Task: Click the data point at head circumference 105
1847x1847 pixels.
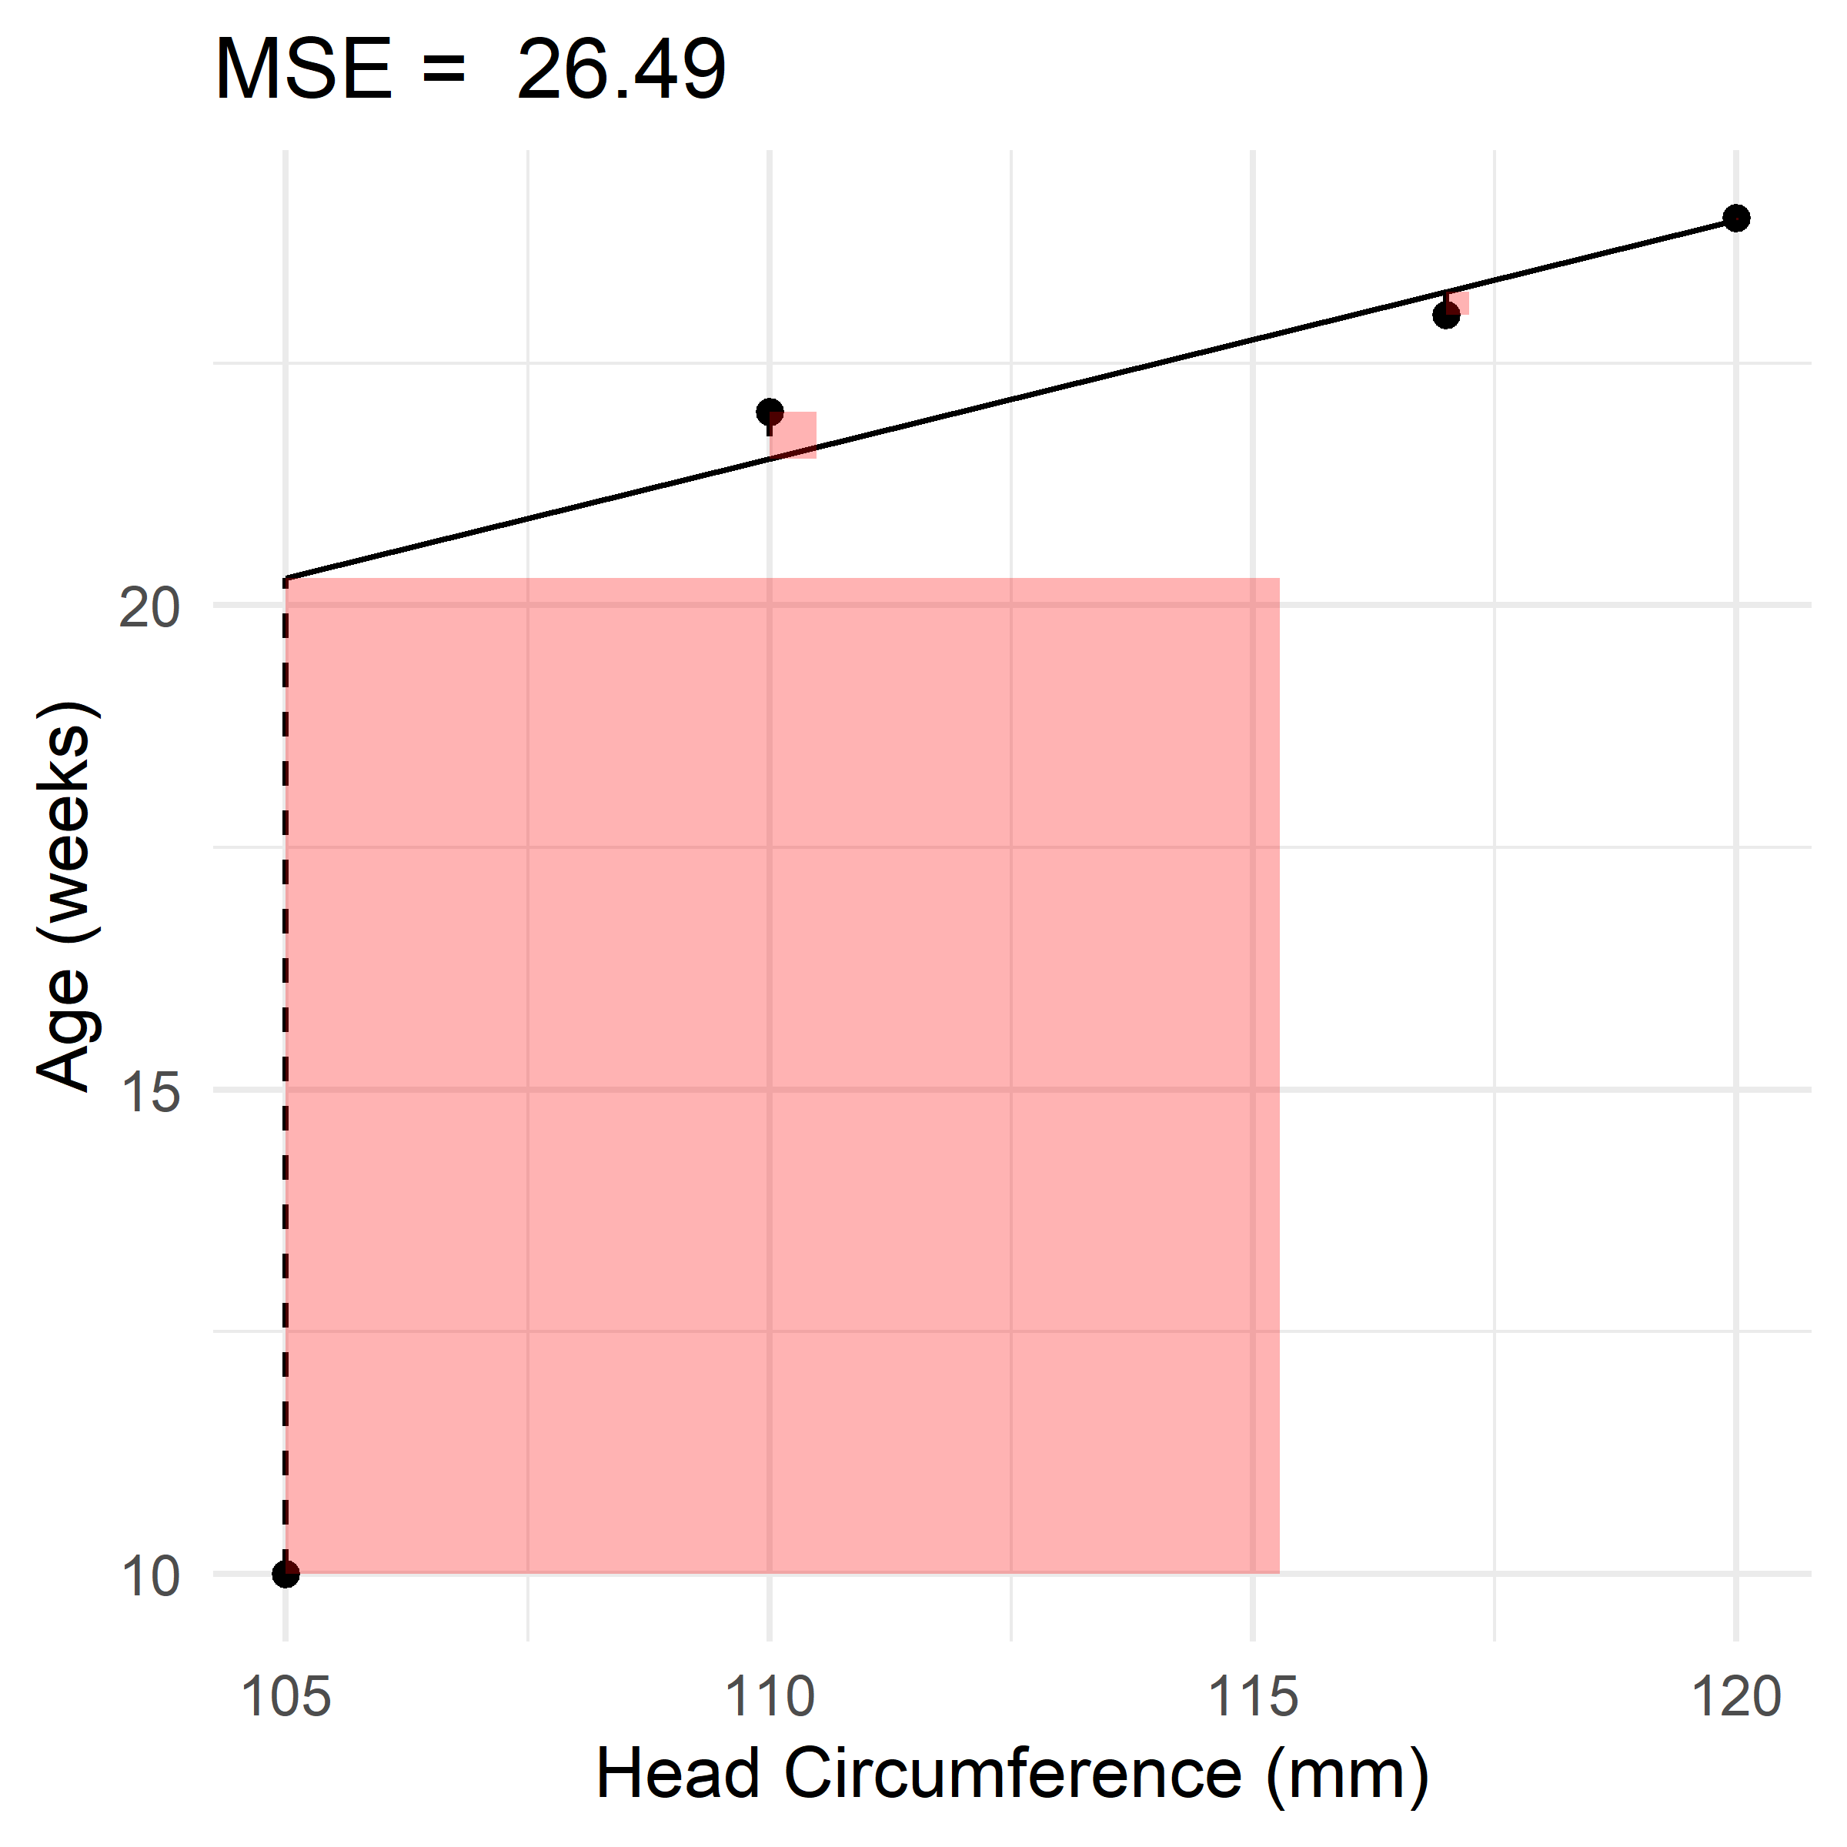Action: click(x=285, y=1574)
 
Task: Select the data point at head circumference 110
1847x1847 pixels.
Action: click(x=770, y=412)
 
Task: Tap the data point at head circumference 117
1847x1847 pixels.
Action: click(x=1447, y=315)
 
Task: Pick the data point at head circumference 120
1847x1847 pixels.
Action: click(x=1737, y=218)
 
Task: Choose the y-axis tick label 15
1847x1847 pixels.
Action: click(x=149, y=1092)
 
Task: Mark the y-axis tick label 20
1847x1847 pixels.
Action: click(x=149, y=608)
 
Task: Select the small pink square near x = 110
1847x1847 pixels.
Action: click(x=794, y=436)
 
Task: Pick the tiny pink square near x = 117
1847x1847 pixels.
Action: click(x=1459, y=303)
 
